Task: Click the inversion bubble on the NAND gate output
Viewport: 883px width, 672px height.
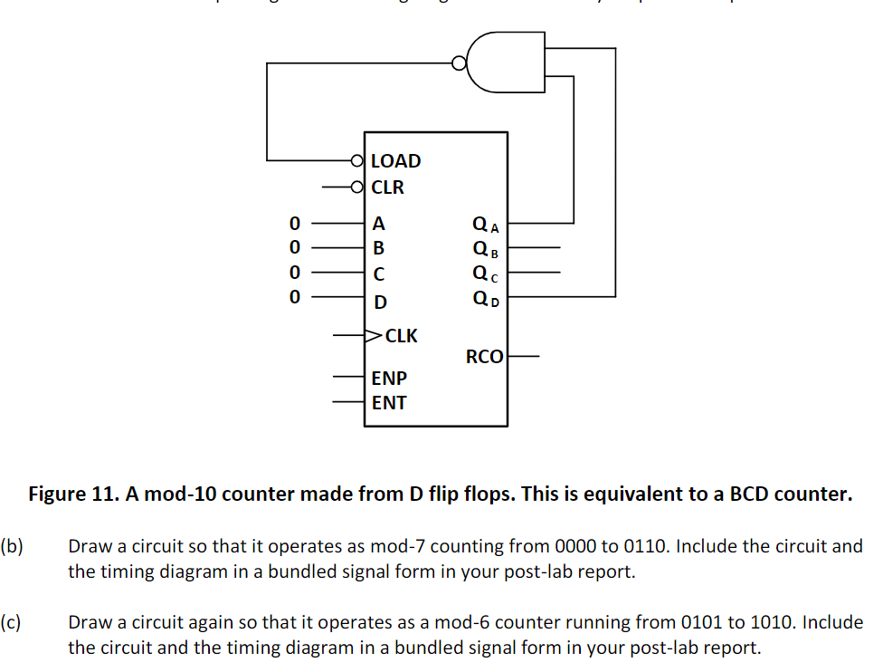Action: [460, 63]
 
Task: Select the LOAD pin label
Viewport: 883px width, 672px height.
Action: [395, 161]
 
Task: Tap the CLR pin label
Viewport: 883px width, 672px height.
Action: [387, 188]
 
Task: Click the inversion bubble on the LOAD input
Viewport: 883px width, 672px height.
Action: [357, 162]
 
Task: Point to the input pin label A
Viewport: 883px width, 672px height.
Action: [378, 223]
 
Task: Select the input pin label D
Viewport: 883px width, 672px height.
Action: [379, 302]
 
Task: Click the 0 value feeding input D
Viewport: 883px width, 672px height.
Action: [292, 296]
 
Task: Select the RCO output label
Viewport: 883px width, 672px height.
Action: [484, 357]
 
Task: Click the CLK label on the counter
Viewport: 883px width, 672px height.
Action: [401, 336]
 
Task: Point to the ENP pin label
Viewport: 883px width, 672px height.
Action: [389, 378]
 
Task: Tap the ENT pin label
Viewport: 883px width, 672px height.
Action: [389, 403]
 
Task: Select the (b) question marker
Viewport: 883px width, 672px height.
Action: [12, 547]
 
